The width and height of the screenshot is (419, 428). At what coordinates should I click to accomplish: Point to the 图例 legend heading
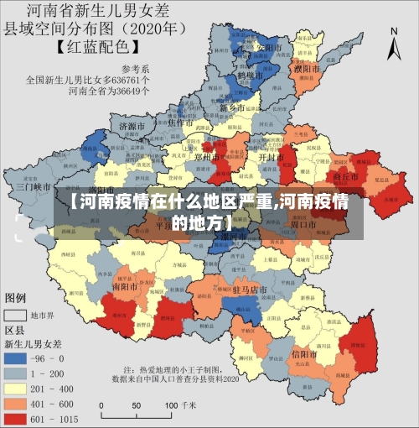tap(16, 298)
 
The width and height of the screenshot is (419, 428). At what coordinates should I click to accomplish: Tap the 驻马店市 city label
tap(249, 290)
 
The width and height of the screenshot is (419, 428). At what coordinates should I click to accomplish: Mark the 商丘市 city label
tap(345, 177)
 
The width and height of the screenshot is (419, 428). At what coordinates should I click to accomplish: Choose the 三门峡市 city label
tap(35, 187)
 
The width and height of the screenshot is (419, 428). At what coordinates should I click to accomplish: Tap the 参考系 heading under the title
tap(134, 69)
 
